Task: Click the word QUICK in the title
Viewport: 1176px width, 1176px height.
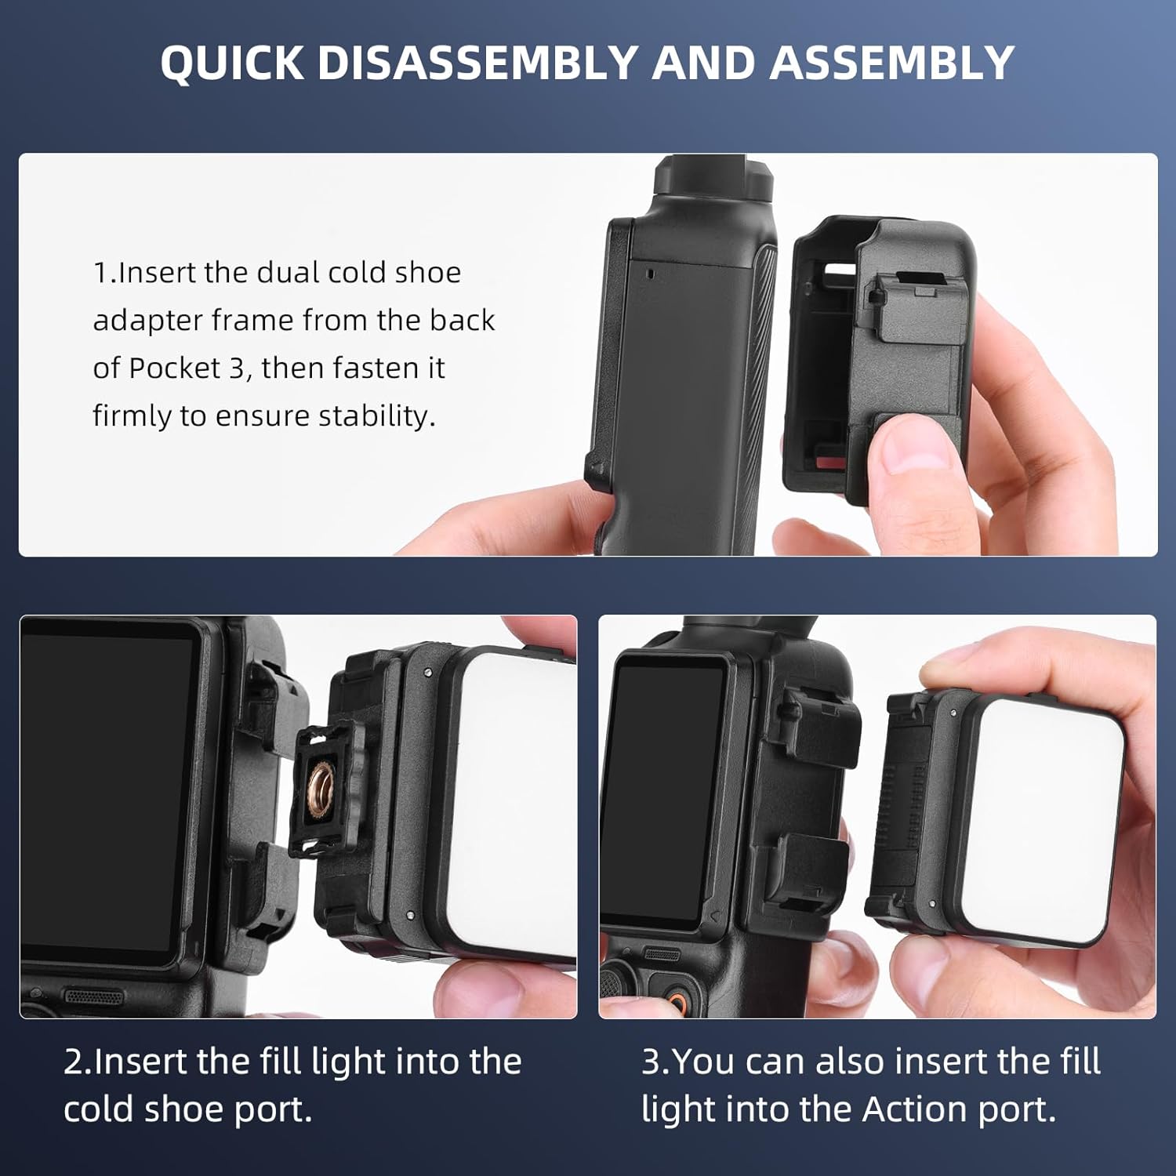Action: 232,63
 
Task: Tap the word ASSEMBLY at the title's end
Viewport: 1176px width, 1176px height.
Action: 892,63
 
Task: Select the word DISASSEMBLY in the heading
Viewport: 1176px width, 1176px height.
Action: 477,63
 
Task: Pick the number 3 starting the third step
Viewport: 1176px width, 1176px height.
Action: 651,1062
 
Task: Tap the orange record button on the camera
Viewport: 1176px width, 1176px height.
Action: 675,1000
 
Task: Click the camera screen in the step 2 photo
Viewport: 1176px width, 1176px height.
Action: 106,792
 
